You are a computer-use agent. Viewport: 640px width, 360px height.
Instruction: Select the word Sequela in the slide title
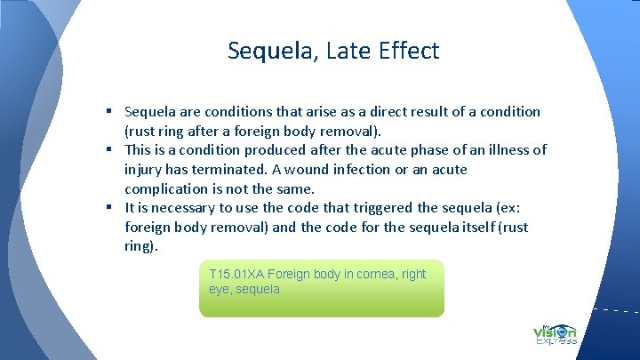[267, 51]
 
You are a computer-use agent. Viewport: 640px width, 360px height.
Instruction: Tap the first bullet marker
[106, 112]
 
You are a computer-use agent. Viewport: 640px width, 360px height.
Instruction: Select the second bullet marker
[106, 150]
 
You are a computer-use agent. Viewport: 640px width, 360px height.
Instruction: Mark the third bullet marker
[106, 208]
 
